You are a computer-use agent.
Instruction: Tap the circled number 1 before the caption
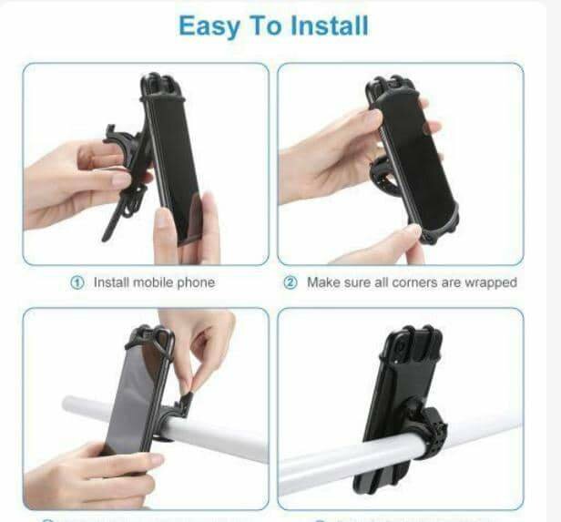tap(78, 283)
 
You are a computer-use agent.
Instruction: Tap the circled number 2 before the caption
tap(291, 283)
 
